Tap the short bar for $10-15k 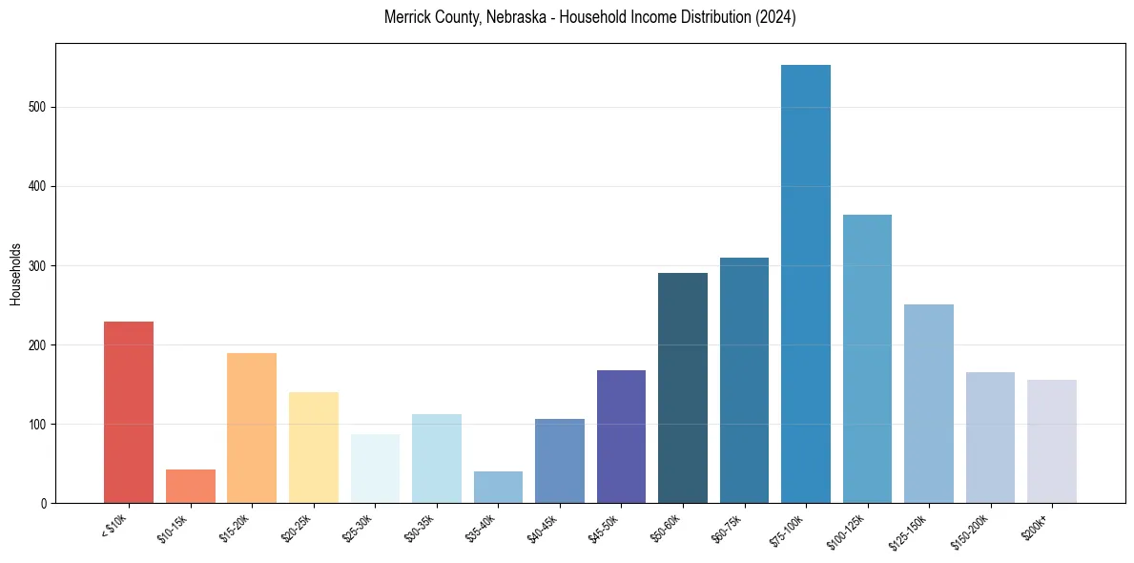pos(191,487)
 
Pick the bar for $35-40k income pos(498,488)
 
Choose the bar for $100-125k pos(867,359)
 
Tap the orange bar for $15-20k pos(252,428)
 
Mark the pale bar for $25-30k pos(375,469)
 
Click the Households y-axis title pos(16,273)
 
